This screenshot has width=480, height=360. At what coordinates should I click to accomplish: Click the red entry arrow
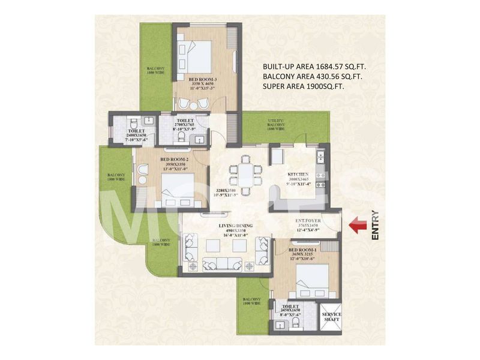point(358,226)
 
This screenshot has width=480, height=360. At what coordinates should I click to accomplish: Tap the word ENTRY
point(375,225)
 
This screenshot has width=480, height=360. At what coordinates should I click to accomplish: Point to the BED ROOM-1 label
point(304,248)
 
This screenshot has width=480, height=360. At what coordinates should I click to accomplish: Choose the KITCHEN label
point(299,174)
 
